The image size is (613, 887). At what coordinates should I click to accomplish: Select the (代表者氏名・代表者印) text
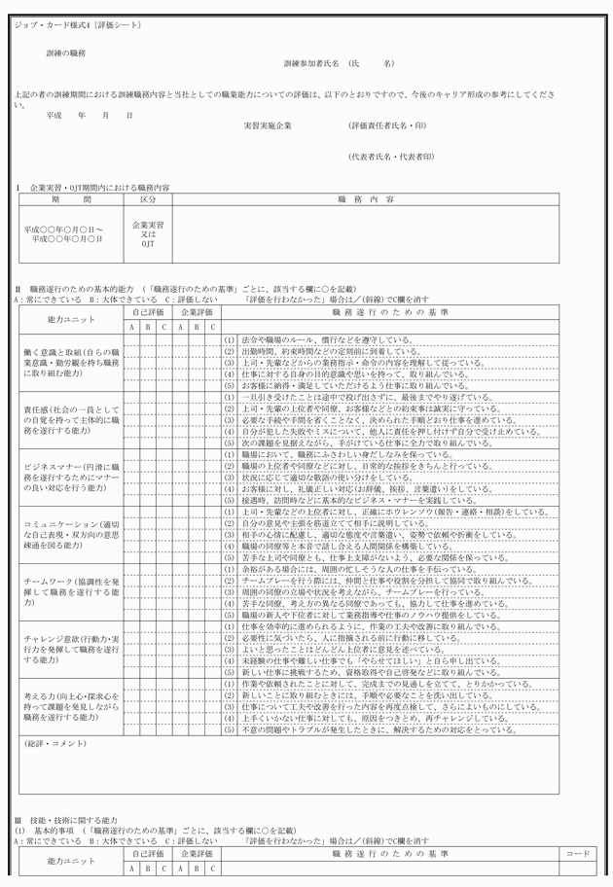coord(391,157)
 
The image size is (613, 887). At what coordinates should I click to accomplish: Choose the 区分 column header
coord(148,198)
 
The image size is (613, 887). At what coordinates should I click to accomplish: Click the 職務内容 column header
coord(366,198)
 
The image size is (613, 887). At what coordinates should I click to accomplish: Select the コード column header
coord(577,853)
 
